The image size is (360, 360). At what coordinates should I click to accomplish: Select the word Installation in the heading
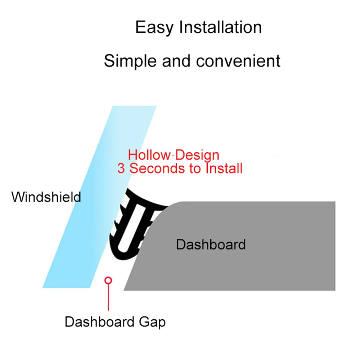[x=220, y=28]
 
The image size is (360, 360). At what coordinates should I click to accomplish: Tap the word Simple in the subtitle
[x=130, y=61]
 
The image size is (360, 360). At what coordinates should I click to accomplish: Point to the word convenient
[x=238, y=61]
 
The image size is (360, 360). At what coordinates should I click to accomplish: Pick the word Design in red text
[x=197, y=155]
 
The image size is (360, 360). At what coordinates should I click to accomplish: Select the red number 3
[x=121, y=168]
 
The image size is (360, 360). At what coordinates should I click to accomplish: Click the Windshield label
[x=46, y=197]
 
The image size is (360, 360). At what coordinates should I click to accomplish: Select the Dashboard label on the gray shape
[x=211, y=245]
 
